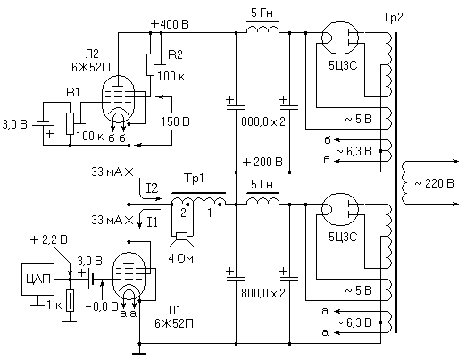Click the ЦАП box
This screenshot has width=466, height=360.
pyautogui.click(x=37, y=279)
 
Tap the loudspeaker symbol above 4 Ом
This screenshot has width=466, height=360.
pyautogui.click(x=182, y=240)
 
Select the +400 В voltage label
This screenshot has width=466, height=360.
pyautogui.click(x=170, y=24)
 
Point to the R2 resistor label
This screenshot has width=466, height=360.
pyautogui.click(x=175, y=54)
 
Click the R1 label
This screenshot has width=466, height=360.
pyautogui.click(x=73, y=92)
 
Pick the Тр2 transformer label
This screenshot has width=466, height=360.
pyautogui.click(x=392, y=18)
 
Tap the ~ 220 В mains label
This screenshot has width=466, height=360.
pyautogui.click(x=434, y=183)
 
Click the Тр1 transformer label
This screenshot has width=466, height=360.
pyautogui.click(x=194, y=179)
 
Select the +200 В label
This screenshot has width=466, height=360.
pyautogui.click(x=262, y=162)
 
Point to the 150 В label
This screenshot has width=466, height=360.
pyautogui.click(x=175, y=121)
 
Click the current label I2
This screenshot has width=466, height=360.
pyautogui.click(x=152, y=188)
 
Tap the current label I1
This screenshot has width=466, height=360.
pyautogui.click(x=152, y=222)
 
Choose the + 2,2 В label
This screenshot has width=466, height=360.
pyautogui.click(x=49, y=239)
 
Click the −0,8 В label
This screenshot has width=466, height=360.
pyautogui.click(x=102, y=306)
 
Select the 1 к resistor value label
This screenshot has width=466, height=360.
pyautogui.click(x=54, y=306)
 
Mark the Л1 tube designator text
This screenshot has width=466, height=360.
pyautogui.click(x=174, y=310)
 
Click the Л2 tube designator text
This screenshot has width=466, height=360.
pyautogui.click(x=92, y=54)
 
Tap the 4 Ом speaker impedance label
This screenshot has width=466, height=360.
pyautogui.click(x=180, y=258)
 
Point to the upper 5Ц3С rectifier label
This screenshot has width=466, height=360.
pyautogui.click(x=343, y=65)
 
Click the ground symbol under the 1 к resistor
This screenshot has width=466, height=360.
pyautogui.click(x=70, y=322)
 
